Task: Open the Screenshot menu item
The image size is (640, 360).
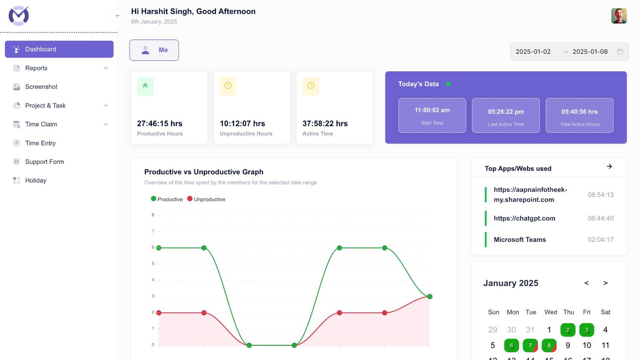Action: [41, 87]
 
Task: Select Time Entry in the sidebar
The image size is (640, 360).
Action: [40, 143]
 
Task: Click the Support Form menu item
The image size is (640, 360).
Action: [44, 162]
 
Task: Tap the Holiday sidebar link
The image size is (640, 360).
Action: [35, 180]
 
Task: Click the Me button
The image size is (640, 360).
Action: [154, 50]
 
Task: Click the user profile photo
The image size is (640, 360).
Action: [619, 16]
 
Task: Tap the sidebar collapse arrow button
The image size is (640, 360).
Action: [117, 16]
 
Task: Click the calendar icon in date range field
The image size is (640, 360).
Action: [620, 52]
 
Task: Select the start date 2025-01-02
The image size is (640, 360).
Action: [533, 52]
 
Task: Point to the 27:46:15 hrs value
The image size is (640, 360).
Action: [160, 124]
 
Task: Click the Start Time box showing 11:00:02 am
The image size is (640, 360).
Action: [432, 115]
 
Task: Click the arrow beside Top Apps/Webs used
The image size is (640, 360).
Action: [609, 166]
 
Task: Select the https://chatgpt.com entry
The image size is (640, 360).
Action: [524, 218]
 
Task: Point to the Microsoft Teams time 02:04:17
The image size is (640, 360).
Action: [600, 240]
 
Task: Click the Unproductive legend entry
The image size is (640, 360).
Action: [207, 199]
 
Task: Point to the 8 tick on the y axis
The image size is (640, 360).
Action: [153, 215]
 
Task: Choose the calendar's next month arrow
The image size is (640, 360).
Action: [605, 283]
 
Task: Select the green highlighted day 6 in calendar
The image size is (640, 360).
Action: [511, 345]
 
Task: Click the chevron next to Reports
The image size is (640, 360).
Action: [106, 68]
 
